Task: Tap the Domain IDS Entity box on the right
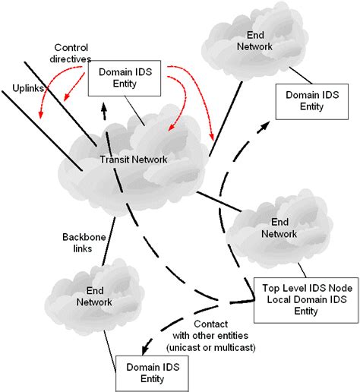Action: (x=311, y=103)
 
